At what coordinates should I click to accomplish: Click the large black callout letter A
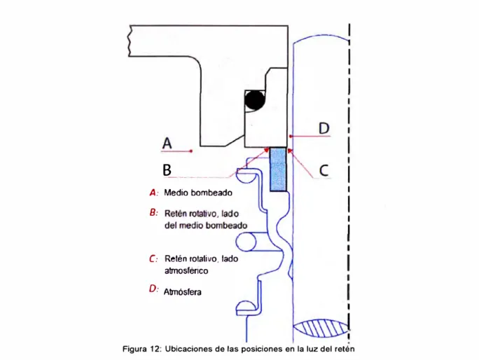point(167,143)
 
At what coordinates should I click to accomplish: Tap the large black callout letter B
point(167,170)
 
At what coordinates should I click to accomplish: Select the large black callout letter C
point(324,170)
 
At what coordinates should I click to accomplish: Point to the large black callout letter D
point(324,128)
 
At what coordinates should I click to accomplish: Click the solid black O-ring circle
point(255,100)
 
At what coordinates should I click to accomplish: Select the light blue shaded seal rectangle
point(278,169)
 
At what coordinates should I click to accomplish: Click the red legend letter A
point(153,193)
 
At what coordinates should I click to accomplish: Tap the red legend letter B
point(153,212)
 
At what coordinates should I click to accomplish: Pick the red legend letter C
point(153,259)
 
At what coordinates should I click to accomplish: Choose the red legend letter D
point(153,289)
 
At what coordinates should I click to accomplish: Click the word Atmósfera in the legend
point(182,292)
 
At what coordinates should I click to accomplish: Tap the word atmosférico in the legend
point(186,271)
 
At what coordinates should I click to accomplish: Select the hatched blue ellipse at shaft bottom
point(321,328)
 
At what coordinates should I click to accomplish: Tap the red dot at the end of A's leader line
point(191,151)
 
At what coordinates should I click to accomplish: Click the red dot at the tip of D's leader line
point(291,136)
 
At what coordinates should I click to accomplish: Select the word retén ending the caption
point(346,349)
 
